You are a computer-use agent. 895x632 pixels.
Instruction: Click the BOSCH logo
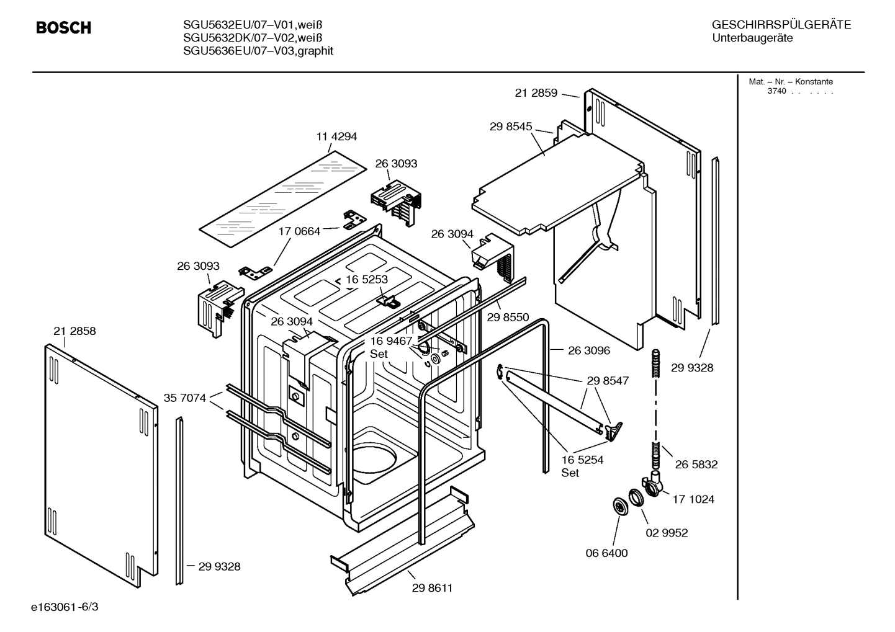63,28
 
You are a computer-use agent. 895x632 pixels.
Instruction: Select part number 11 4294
336,136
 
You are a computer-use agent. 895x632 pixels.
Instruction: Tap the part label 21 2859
536,93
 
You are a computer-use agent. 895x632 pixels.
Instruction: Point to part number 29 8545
511,127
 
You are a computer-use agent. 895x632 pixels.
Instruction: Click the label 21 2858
74,331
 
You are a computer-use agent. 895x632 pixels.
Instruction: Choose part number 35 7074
185,398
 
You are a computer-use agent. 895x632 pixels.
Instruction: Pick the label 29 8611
432,588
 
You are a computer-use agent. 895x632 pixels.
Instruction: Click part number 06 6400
607,553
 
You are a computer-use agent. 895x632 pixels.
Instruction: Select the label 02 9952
667,533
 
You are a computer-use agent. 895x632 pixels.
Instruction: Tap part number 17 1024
693,499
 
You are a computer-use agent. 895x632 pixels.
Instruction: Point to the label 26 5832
696,465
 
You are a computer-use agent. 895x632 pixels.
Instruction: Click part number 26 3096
589,350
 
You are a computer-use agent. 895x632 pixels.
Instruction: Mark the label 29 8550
508,318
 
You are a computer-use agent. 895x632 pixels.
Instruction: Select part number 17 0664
299,231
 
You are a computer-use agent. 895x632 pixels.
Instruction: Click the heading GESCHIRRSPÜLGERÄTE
781,25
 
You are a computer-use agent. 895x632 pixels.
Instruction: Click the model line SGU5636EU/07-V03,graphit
258,51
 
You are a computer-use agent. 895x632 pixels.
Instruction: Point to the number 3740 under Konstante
776,91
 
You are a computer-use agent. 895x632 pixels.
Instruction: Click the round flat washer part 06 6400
619,506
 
